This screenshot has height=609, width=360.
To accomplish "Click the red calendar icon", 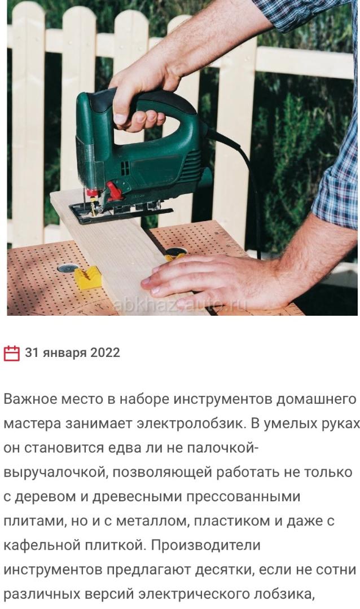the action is [11, 352].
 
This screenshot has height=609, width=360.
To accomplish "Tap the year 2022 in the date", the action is [105, 352].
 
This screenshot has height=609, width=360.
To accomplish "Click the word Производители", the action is [205, 545].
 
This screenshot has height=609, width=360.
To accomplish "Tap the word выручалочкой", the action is [55, 473].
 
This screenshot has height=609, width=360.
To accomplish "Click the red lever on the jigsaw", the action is [114, 191].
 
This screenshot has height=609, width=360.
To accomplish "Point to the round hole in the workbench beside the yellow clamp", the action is [67, 268].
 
